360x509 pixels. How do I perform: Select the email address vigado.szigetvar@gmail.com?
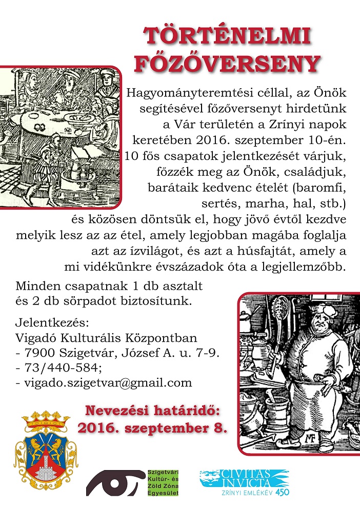tap(104, 382)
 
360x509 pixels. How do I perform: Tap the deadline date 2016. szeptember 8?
tap(152, 428)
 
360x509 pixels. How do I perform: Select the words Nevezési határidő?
tap(155, 411)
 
